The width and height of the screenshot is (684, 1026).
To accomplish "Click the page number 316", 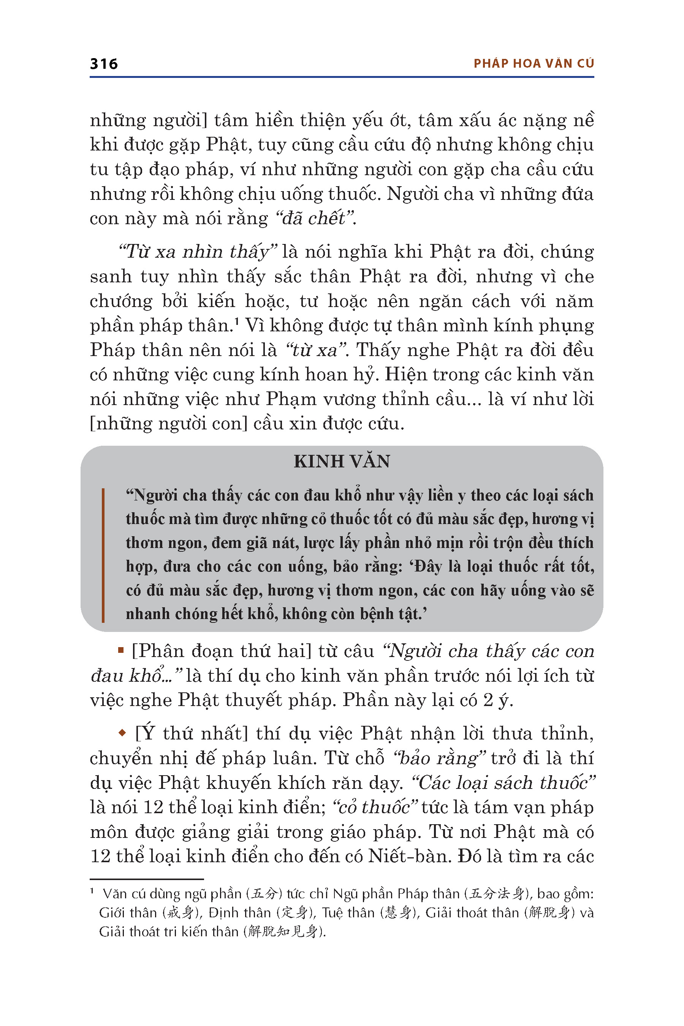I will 104,64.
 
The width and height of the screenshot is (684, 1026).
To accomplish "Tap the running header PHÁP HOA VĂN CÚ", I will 534,64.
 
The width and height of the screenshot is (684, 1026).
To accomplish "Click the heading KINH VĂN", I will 342,462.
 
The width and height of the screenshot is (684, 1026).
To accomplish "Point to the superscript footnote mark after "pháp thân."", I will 236,321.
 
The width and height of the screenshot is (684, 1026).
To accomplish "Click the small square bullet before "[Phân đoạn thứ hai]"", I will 121,651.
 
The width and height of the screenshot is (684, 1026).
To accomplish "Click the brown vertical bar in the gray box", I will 103,555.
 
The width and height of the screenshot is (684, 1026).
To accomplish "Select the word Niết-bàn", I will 409,856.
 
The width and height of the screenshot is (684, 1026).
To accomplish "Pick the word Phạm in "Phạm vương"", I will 291,399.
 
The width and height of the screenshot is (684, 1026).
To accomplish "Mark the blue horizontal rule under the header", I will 342,77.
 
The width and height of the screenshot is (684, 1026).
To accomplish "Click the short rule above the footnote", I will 147,879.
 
